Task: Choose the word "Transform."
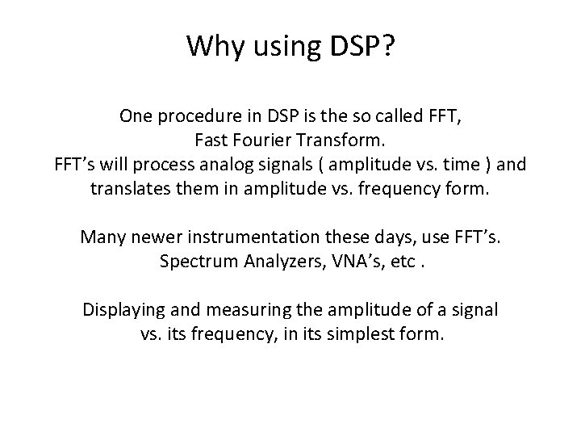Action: point(343,140)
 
